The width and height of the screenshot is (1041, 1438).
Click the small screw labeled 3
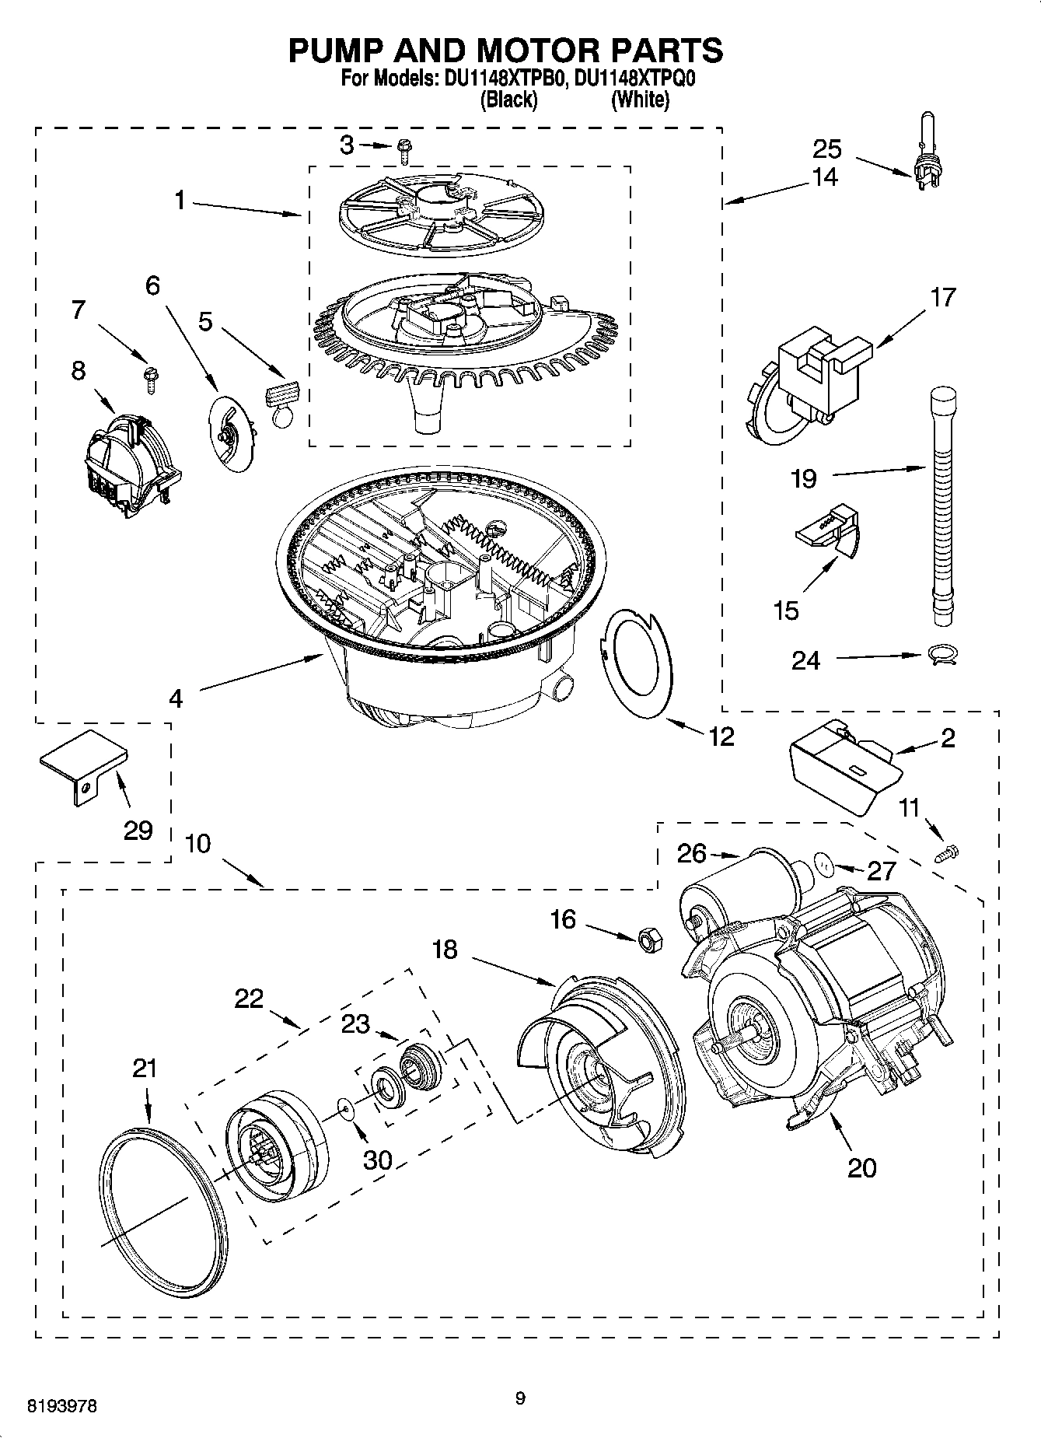(x=404, y=149)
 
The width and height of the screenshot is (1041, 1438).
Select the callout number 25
(x=827, y=149)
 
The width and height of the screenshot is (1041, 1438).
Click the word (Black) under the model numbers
(x=509, y=100)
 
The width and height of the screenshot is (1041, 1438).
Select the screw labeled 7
(x=148, y=380)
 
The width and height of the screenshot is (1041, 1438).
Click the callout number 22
(x=250, y=999)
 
